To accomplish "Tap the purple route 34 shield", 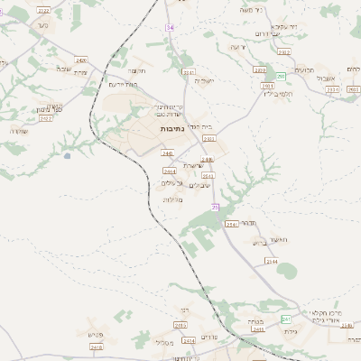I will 169,27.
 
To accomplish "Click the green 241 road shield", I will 286,319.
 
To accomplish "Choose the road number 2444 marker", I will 169,171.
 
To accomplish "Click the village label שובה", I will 63,69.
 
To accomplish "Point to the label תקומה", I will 137,69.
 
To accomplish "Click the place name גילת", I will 290,331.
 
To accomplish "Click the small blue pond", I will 68,155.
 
